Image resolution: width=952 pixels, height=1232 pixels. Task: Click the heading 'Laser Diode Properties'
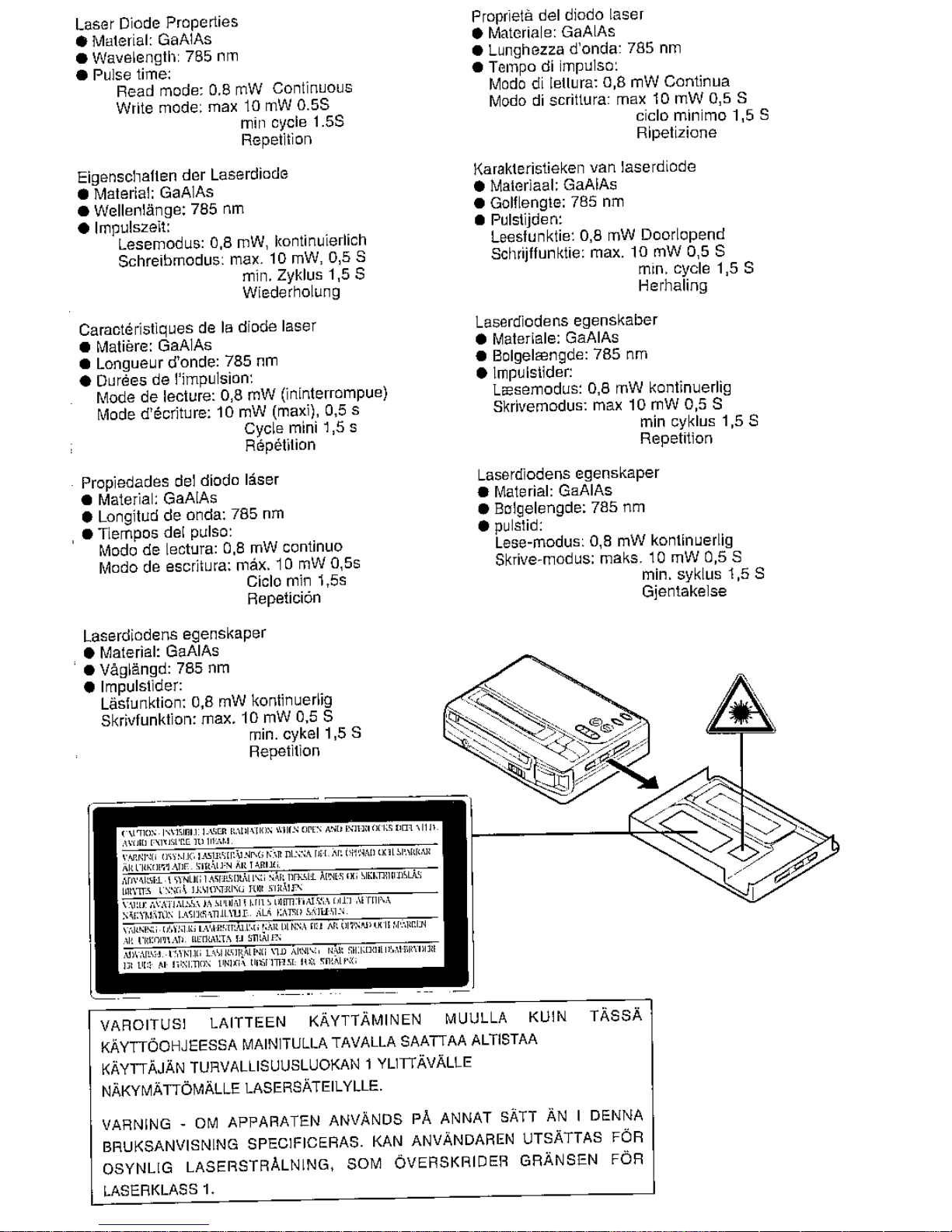[x=157, y=22]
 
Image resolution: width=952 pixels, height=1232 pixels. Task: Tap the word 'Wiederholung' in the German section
[x=291, y=292]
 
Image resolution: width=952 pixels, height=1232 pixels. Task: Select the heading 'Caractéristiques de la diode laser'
[x=197, y=326]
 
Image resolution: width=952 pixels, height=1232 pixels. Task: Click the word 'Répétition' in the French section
[x=280, y=445]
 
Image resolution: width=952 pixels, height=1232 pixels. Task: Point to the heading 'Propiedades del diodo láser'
[x=180, y=480]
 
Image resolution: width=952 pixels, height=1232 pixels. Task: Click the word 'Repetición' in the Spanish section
[x=284, y=599]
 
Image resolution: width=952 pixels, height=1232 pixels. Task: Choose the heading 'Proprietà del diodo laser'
[x=557, y=15]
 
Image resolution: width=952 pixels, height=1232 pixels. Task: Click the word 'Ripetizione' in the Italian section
[x=676, y=133]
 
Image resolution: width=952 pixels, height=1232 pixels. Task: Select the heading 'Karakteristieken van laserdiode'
[x=585, y=167]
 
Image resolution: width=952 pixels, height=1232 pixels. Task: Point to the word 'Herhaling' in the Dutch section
[x=673, y=286]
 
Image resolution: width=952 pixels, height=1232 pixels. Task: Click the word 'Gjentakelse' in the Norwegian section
[x=684, y=592]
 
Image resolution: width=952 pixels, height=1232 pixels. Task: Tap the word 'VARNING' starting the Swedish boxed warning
[x=137, y=1124]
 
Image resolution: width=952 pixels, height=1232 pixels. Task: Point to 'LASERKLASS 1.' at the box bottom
[x=159, y=1190]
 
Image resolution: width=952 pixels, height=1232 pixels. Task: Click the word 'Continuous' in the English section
[x=312, y=89]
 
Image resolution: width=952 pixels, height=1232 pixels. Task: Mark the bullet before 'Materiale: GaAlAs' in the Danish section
[x=482, y=339]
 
